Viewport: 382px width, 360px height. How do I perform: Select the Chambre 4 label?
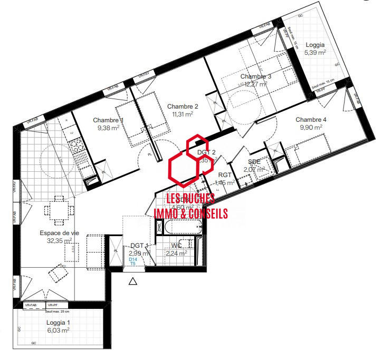click(311, 120)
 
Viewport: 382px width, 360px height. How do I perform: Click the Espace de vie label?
click(58, 232)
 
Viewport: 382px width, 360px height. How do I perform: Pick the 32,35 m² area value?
click(59, 241)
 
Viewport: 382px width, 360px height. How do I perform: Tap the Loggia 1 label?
click(58, 323)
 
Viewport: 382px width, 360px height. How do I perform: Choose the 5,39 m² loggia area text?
click(315, 53)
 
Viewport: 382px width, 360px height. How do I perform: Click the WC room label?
click(176, 245)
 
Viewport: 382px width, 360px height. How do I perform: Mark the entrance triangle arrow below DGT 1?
click(133, 281)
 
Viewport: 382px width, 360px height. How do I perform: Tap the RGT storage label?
click(225, 175)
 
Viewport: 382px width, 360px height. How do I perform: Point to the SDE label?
click(254, 162)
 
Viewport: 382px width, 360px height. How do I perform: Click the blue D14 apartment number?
click(132, 259)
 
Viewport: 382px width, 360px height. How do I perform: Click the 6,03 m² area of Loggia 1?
click(58, 330)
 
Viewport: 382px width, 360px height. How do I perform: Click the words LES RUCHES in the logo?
click(190, 199)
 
